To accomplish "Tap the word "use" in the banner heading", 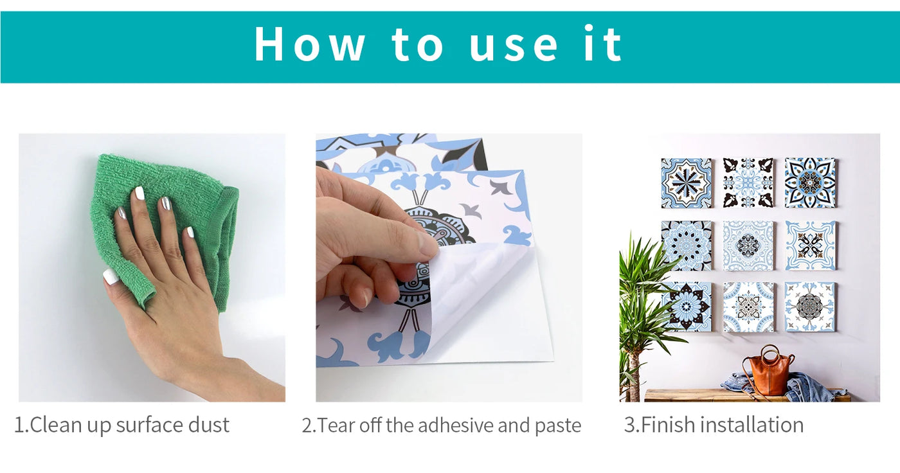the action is tap(514, 48).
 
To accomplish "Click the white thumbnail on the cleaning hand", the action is tap(110, 276).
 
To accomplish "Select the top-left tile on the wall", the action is tap(687, 183).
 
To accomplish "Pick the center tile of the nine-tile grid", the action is tap(748, 245).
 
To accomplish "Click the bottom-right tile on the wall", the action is tap(809, 307).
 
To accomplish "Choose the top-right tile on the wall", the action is tap(810, 183).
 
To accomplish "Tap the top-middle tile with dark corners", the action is tap(748, 183).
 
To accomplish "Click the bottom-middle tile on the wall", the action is tap(748, 307).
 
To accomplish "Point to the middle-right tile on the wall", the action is tap(810, 245).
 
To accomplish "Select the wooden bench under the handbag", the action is tap(747, 395).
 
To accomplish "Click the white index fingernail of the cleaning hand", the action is tap(139, 193).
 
